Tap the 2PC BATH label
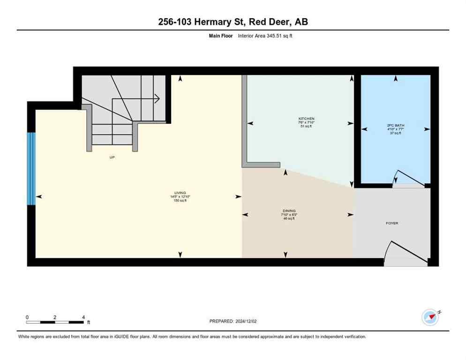pyautogui.click(x=396, y=126)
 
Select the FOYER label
pyautogui.click(x=392, y=223)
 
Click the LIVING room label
pyautogui.click(x=180, y=193)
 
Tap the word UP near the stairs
pyautogui.click(x=112, y=157)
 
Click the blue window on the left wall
pyautogui.click(x=31, y=169)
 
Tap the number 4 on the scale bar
pyautogui.click(x=83, y=317)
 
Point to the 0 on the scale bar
pyautogui.click(x=27, y=317)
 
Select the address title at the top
pyautogui.click(x=233, y=22)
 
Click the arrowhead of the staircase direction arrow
pyautogui.click(x=158, y=98)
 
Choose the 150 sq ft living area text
pyautogui.click(x=180, y=201)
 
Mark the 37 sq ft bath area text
pyautogui.click(x=396, y=133)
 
